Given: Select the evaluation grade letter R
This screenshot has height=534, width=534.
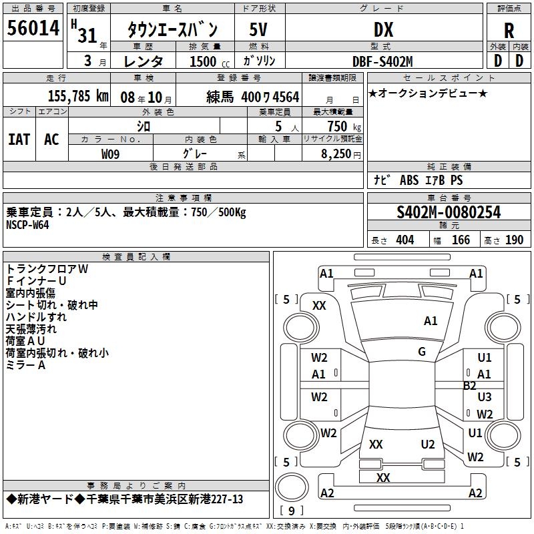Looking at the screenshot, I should tap(509, 30).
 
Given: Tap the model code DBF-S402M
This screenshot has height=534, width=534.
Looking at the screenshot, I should tap(382, 61).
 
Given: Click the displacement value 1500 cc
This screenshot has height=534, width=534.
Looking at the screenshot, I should tap(207, 61).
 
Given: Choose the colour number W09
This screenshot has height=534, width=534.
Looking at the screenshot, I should tap(111, 154).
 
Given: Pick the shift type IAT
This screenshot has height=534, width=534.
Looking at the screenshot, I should tap(19, 139).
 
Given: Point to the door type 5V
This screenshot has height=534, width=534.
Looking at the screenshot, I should tap(259, 30).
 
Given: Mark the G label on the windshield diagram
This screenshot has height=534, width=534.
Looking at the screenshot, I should tap(422, 352).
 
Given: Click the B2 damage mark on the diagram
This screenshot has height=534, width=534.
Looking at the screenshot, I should tap(470, 385).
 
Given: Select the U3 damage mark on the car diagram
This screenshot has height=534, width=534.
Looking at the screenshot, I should tap(485, 397).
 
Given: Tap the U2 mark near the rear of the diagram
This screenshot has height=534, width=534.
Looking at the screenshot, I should tap(428, 445).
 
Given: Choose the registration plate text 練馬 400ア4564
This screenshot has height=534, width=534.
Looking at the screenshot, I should tap(253, 96).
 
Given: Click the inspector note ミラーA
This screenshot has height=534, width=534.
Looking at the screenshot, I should tap(25, 365).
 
